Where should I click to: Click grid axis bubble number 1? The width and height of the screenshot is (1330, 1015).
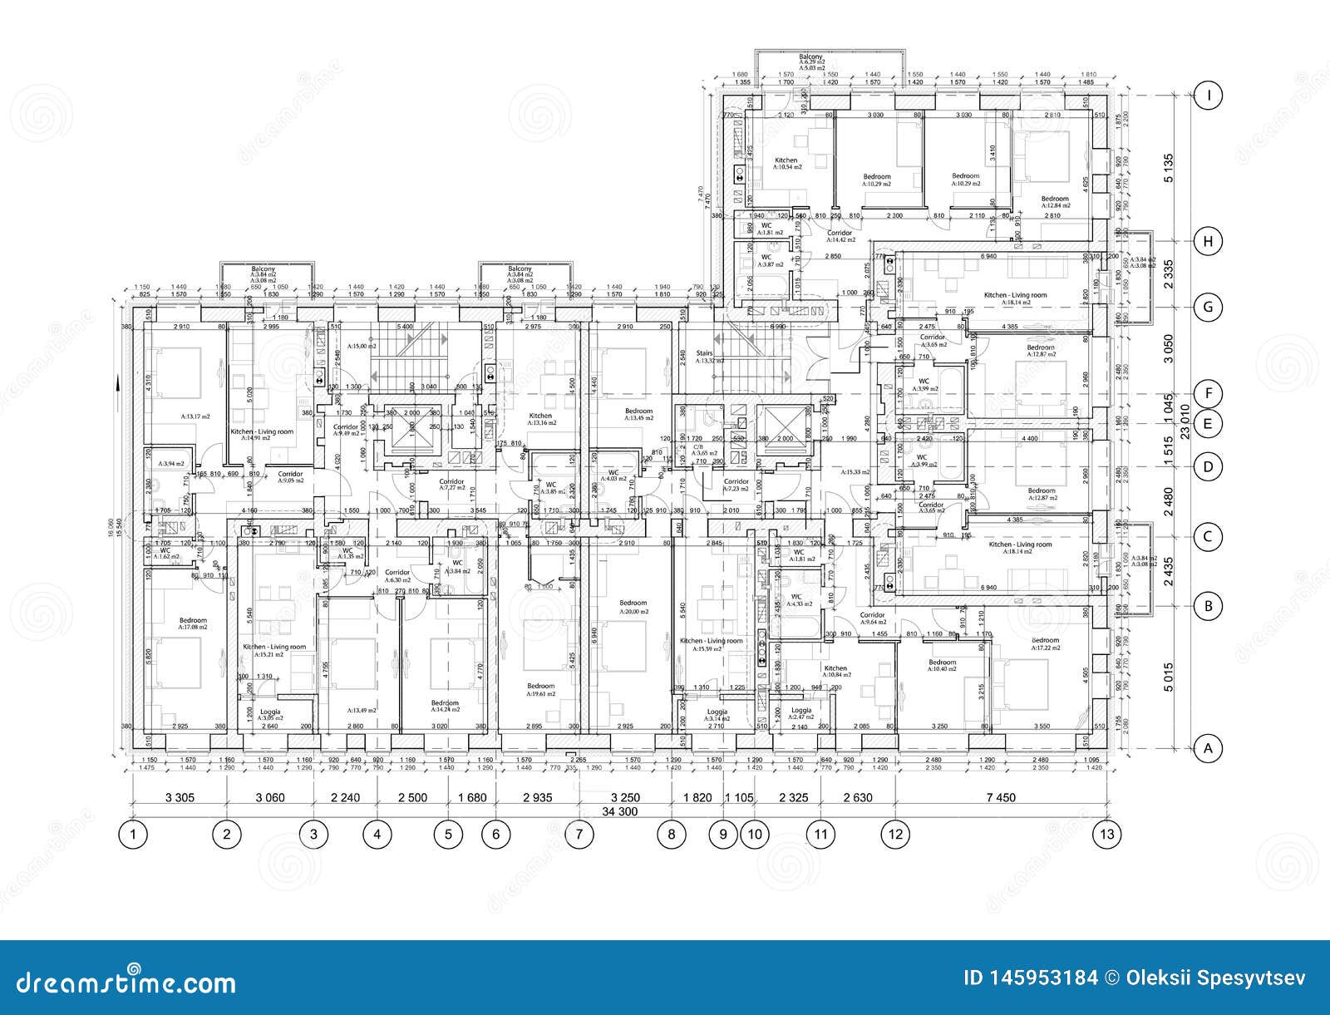pyautogui.click(x=133, y=833)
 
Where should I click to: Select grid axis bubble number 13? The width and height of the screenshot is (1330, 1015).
pyautogui.click(x=1106, y=833)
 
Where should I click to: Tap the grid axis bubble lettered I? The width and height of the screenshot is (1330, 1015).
pyautogui.click(x=1209, y=96)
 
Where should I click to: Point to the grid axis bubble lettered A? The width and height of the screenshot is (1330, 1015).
pyautogui.click(x=1209, y=748)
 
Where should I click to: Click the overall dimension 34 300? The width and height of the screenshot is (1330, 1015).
pyautogui.click(x=619, y=811)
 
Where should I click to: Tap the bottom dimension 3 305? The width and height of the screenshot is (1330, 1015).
pyautogui.click(x=180, y=797)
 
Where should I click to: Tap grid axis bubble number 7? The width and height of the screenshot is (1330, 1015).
pyautogui.click(x=579, y=833)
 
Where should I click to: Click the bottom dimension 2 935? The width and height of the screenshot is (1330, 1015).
pyautogui.click(x=538, y=797)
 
